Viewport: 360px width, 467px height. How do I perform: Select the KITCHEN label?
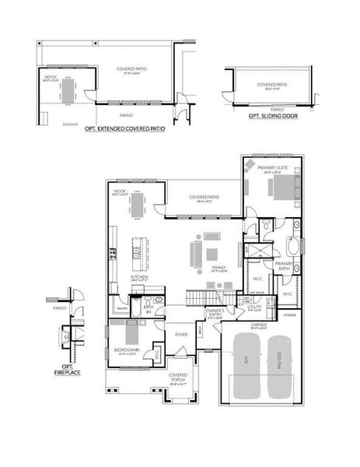pos(139,276)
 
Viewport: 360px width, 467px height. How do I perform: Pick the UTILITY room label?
pos(255,306)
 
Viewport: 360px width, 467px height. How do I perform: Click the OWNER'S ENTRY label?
pos(215,314)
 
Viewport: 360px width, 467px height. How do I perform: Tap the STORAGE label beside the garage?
pos(289,315)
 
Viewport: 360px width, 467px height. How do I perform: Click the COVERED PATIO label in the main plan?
pos(204,197)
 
